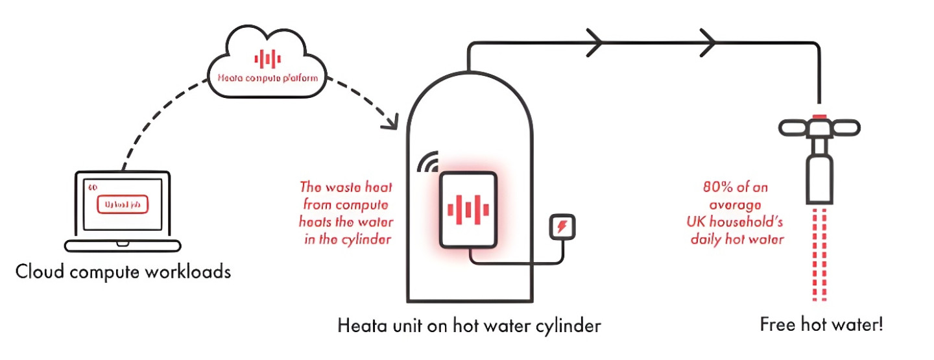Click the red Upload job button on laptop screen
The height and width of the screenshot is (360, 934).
pos(123,205)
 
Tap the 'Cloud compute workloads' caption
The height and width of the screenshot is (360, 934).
pos(123,270)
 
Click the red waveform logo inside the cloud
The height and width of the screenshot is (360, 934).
pos(267,59)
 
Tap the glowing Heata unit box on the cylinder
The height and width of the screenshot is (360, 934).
pos(468,209)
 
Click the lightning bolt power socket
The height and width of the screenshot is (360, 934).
pos(562,228)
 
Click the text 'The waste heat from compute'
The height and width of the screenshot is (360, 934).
pos(346,196)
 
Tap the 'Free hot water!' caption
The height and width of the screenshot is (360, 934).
pos(821,324)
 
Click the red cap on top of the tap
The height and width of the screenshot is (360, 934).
pos(821,117)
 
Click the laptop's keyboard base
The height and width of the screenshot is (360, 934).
pos(123,245)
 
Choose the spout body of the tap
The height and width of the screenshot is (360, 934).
pos(821,178)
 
